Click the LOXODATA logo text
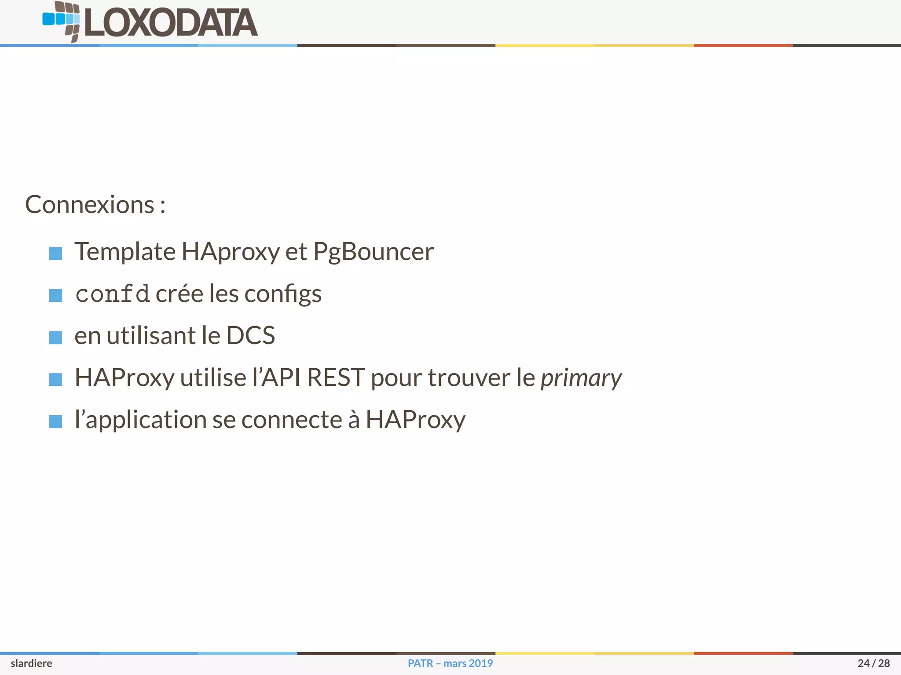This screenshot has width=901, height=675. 171,23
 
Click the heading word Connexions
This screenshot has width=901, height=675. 90,205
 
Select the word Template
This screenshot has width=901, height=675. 125,252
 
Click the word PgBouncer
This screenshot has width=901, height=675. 373,252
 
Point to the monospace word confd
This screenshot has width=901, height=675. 112,294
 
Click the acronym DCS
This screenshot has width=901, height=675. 250,336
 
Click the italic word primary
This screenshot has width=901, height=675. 581,378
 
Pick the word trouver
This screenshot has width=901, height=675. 469,377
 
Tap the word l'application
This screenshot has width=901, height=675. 140,420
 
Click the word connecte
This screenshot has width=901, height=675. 292,420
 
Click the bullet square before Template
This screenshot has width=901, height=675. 55,254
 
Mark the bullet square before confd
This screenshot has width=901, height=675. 55,295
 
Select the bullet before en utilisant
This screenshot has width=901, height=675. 55,337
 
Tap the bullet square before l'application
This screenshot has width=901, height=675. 55,421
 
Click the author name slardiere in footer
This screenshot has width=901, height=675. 31,663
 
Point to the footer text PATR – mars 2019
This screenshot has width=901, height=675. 450,663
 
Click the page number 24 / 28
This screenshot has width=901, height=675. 873,663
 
